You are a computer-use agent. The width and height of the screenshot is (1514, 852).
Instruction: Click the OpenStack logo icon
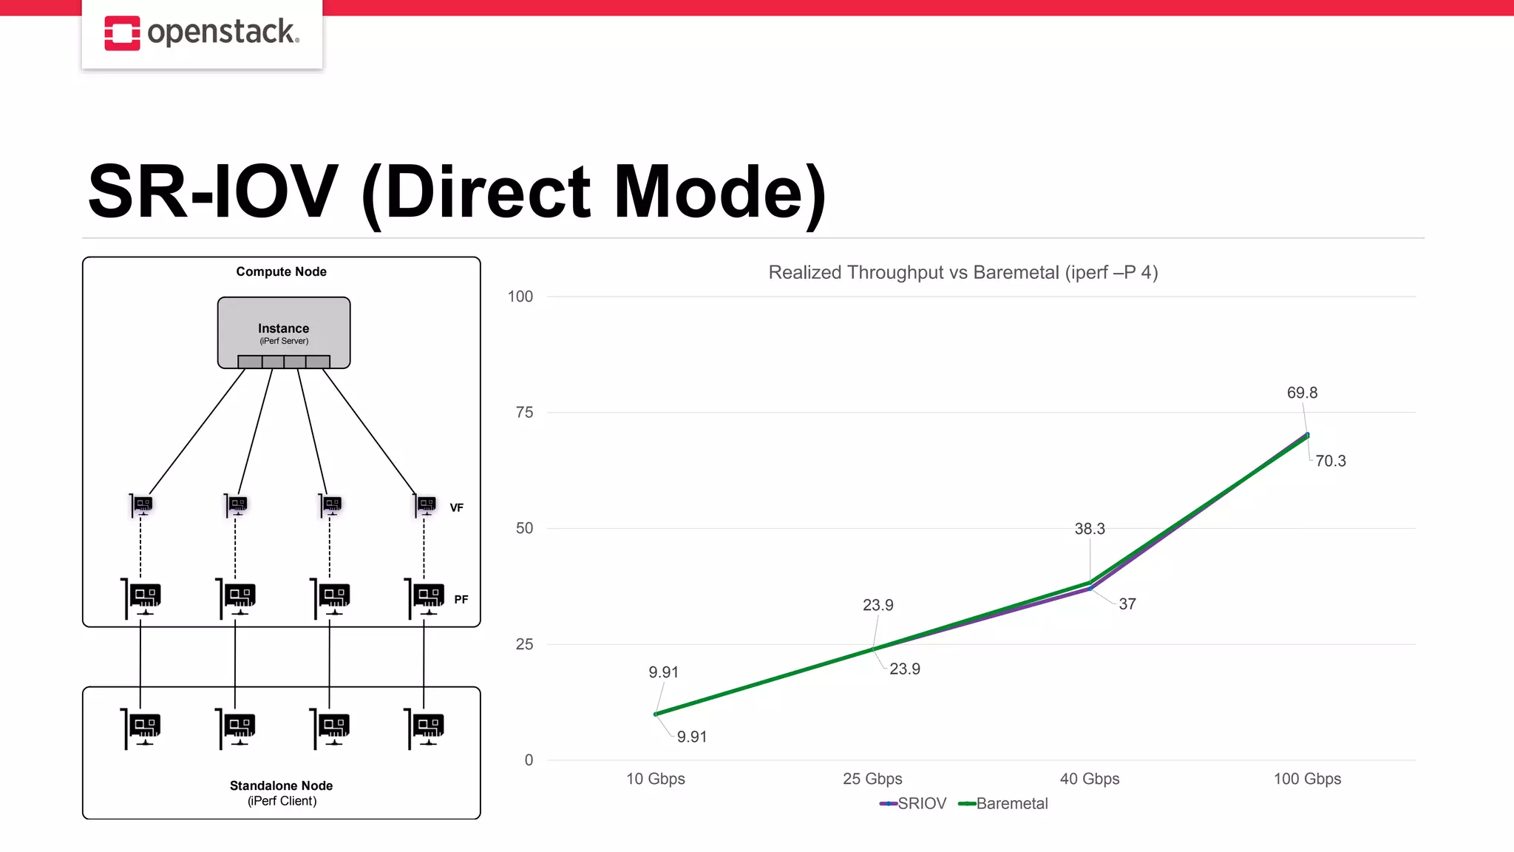(x=122, y=33)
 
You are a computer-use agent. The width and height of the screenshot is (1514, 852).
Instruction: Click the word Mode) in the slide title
(x=719, y=192)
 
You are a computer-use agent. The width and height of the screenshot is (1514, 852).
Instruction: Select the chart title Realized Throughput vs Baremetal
(x=963, y=272)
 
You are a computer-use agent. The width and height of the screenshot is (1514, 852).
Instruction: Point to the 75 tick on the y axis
(x=524, y=413)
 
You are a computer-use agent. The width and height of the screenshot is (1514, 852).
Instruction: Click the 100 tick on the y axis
(x=520, y=297)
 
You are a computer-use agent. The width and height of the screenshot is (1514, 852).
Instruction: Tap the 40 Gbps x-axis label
(x=1089, y=779)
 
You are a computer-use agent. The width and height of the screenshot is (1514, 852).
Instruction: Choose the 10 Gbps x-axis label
(x=655, y=779)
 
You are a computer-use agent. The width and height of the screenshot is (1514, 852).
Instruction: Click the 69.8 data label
(x=1302, y=393)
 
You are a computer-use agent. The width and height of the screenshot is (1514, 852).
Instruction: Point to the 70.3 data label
(x=1330, y=461)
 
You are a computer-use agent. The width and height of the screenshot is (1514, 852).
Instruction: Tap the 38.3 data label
(x=1090, y=529)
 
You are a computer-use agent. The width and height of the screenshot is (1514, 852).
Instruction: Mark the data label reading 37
(x=1127, y=604)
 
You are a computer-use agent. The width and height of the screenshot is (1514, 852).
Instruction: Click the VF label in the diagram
(x=456, y=508)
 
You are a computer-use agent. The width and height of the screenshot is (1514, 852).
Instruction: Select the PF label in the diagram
(x=461, y=600)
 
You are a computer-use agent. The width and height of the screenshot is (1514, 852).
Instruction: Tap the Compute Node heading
(x=281, y=272)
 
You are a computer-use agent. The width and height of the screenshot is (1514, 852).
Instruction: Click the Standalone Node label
(x=281, y=785)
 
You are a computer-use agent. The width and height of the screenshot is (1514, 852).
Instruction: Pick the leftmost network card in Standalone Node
(x=141, y=728)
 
